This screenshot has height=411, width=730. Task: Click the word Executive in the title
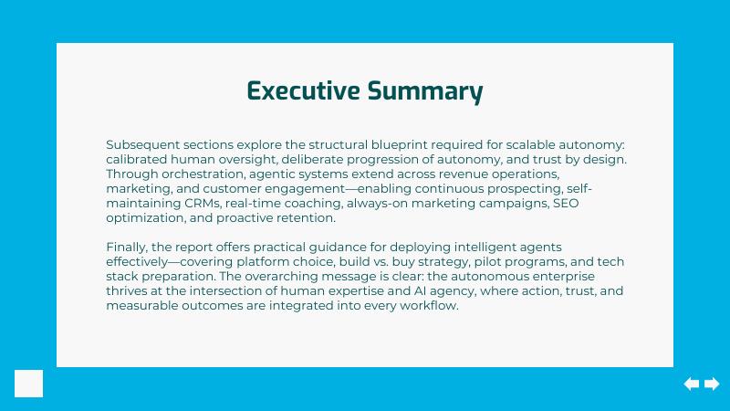coord(303,90)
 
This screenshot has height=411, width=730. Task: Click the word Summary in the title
coord(425,92)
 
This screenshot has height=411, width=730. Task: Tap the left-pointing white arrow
coord(692,384)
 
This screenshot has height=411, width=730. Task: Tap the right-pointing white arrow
coord(712,384)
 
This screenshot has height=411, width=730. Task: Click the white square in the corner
coord(29,384)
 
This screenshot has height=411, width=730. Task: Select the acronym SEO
coord(566,203)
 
